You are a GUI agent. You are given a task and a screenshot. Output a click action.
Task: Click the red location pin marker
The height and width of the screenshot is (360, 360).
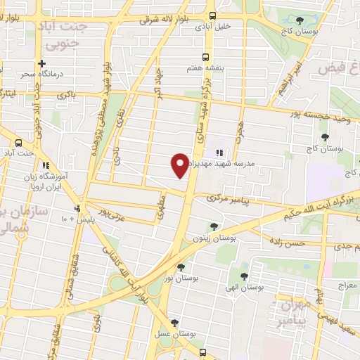[x=180, y=166]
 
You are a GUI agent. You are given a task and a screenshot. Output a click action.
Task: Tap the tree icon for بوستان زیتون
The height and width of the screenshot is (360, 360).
[x=214, y=226]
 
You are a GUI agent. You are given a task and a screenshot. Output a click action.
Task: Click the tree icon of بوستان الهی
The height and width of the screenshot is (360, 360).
[x=244, y=276]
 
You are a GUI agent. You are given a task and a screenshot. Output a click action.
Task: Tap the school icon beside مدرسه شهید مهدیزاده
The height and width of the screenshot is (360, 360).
[x=219, y=152]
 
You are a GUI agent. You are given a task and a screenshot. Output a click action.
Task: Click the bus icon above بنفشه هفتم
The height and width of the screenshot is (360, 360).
[x=205, y=57]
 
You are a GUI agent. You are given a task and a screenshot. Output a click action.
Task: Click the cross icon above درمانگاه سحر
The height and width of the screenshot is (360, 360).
[x=42, y=63]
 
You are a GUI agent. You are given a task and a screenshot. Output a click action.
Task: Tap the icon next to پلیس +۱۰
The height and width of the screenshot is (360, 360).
[x=78, y=208]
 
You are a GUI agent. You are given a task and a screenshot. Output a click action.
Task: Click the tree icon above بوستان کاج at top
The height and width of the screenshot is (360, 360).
[x=300, y=20]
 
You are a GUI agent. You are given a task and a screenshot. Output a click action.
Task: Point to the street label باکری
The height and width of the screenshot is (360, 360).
[x=67, y=94]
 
